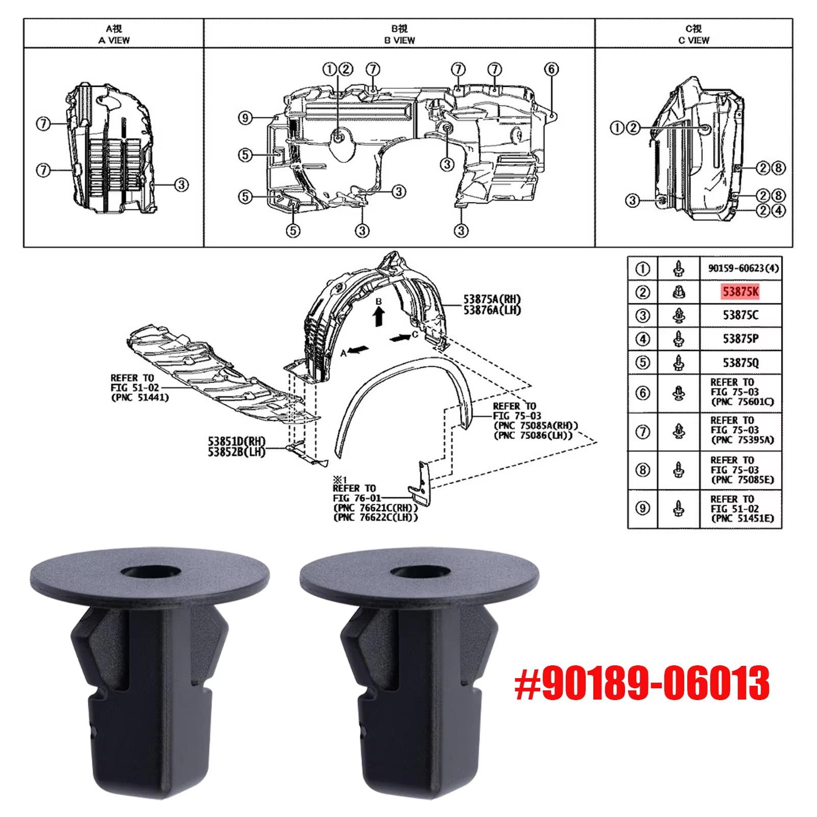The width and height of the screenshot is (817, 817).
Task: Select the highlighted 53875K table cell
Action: tap(740, 292)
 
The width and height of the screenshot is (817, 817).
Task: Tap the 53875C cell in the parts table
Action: tap(740, 315)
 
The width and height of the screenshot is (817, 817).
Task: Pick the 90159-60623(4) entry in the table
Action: tap(743, 268)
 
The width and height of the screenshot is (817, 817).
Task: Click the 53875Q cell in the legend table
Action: tap(740, 363)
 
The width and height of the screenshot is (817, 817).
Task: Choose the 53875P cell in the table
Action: tap(740, 339)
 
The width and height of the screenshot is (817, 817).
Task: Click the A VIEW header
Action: tap(114, 40)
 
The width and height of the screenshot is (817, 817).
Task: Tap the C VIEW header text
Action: tap(694, 40)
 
